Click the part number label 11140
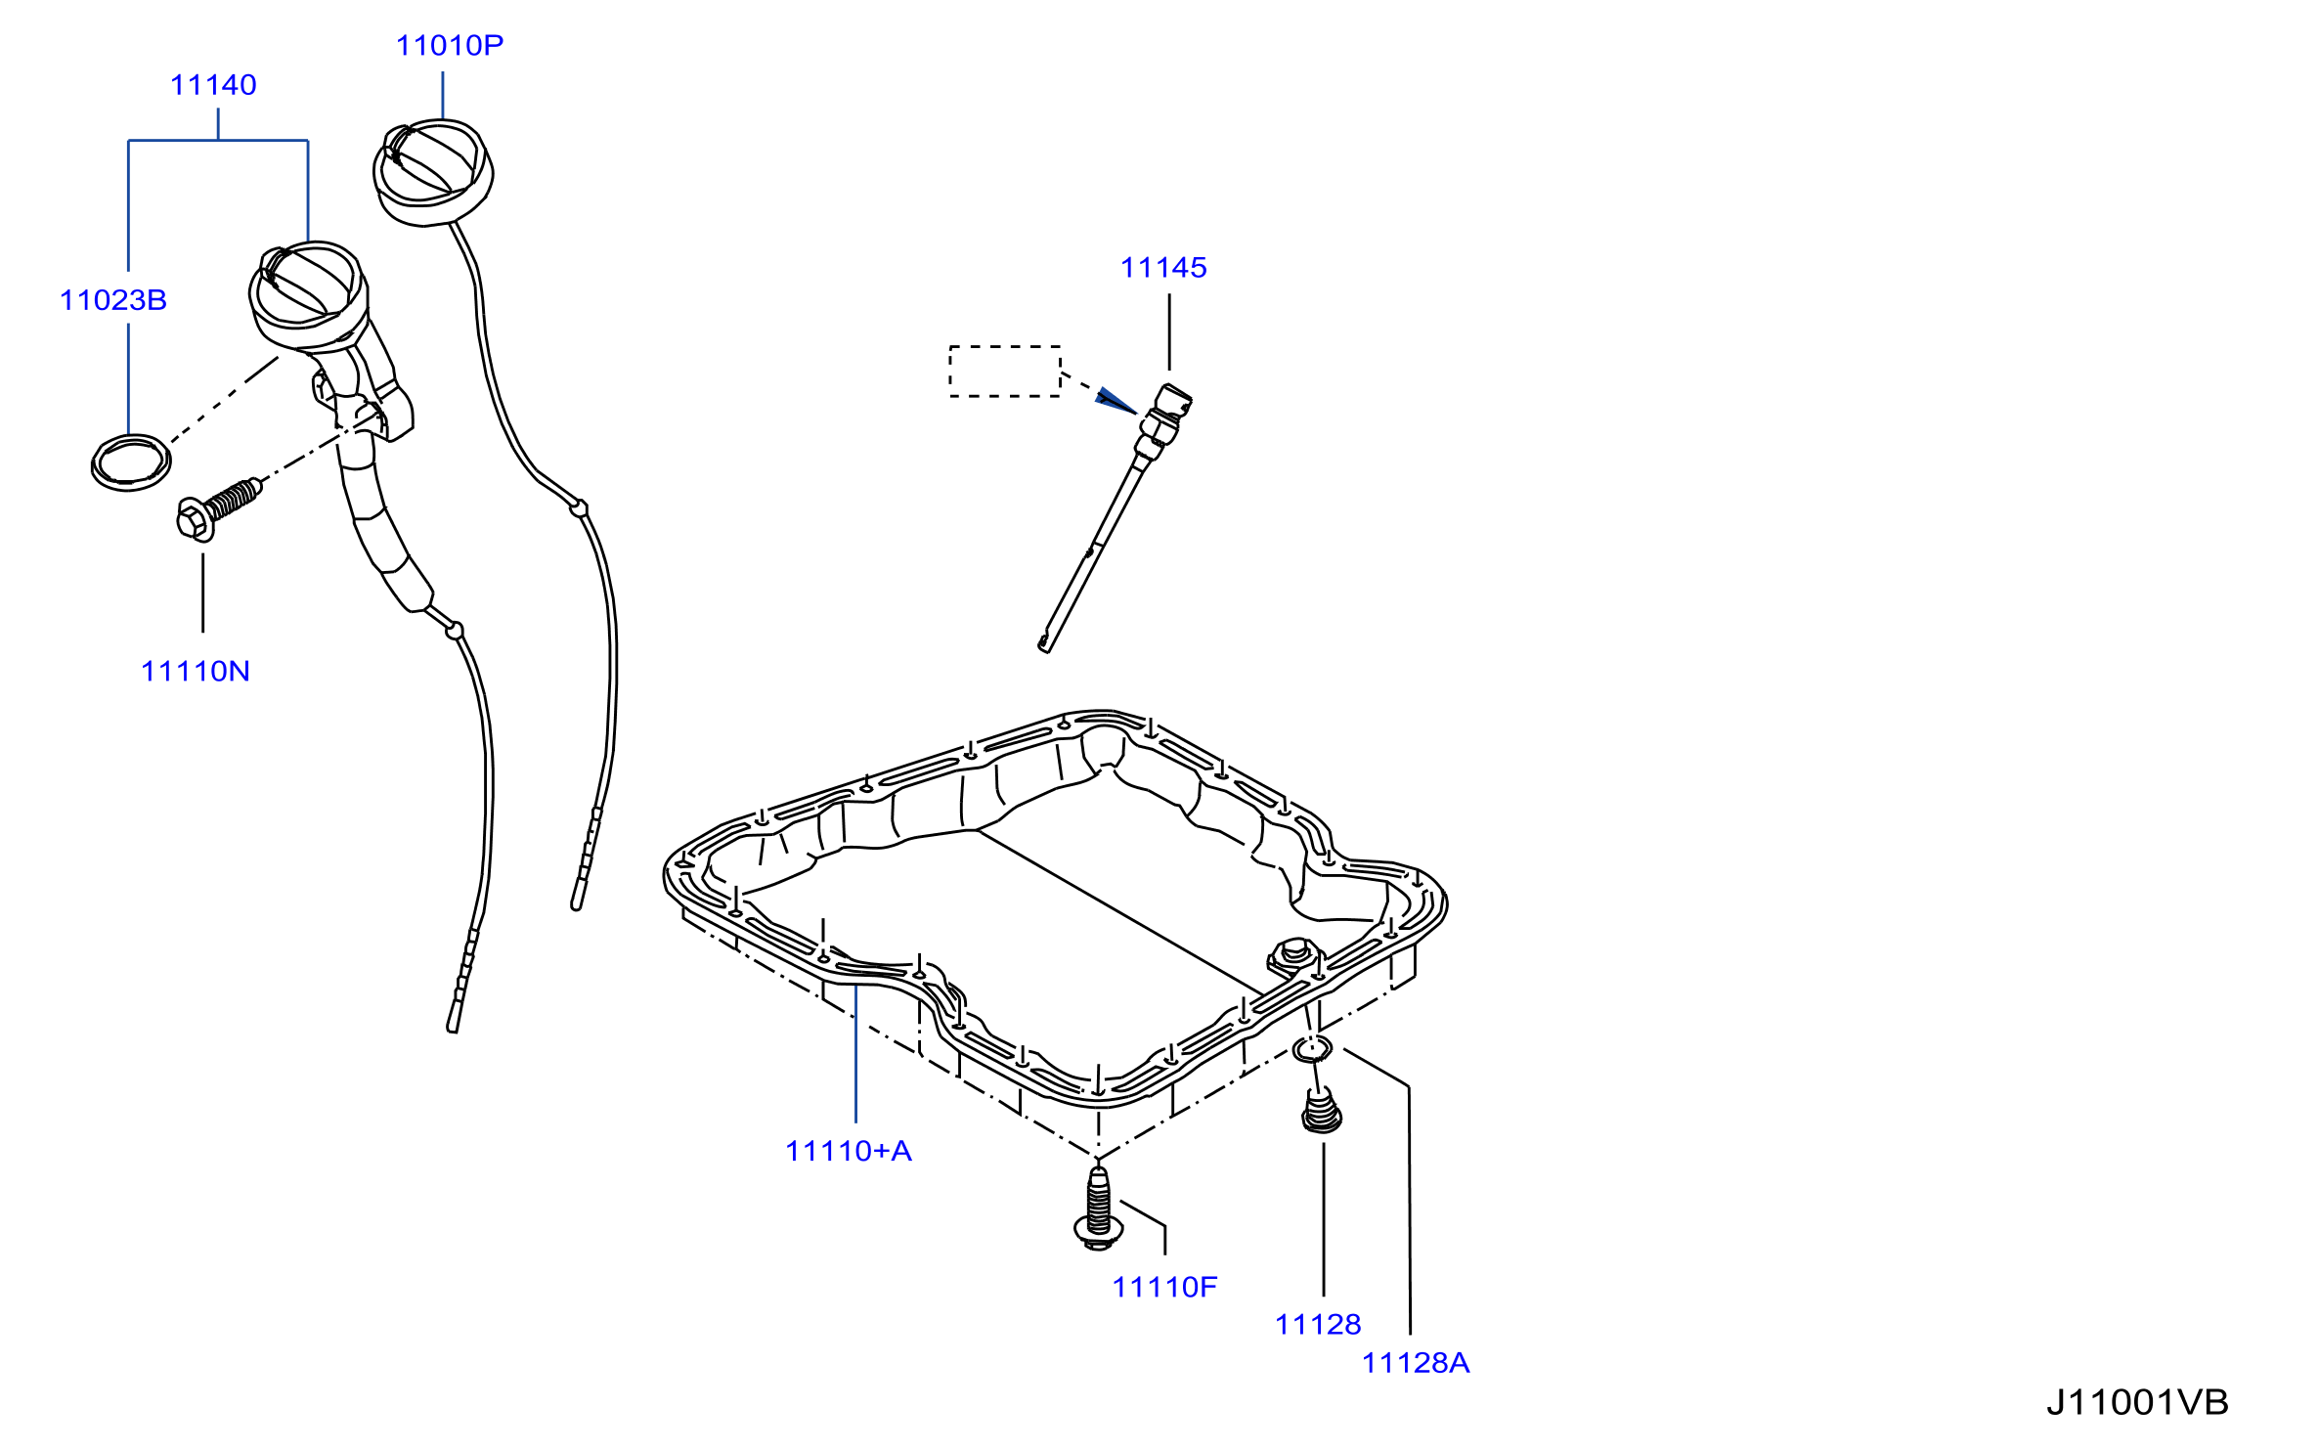[x=213, y=85]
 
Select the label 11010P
[x=450, y=45]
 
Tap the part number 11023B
[x=113, y=300]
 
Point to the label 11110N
[x=196, y=672]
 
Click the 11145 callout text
[x=1163, y=268]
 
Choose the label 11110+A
[x=849, y=1151]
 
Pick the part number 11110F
[x=1164, y=1287]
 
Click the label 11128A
[x=1416, y=1363]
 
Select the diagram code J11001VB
[x=2137, y=1402]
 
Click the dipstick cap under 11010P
[x=433, y=172]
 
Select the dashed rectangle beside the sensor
[x=1005, y=347]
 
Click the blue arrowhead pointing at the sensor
[x=1116, y=401]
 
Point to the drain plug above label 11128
[x=1322, y=1113]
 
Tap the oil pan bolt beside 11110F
[x=1098, y=1209]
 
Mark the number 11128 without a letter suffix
[x=1318, y=1325]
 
